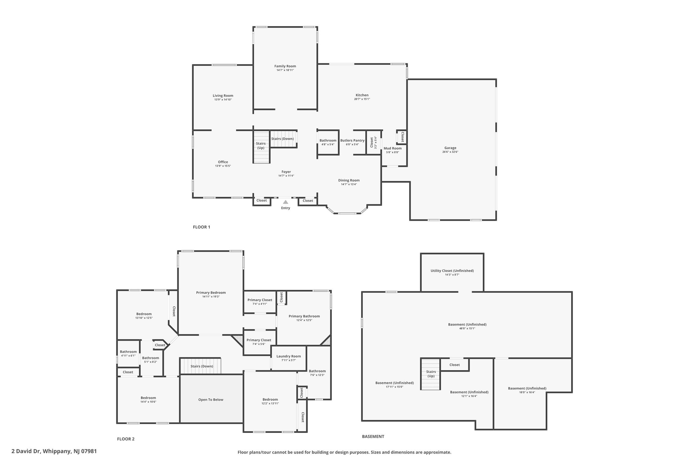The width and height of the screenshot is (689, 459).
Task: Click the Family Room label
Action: click(285, 66)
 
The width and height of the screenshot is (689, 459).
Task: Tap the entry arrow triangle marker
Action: click(285, 202)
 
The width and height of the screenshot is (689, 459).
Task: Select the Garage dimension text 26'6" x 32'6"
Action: click(450, 152)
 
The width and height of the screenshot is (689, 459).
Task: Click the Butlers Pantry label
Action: click(352, 141)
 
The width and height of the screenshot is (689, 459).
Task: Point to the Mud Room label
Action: click(393, 148)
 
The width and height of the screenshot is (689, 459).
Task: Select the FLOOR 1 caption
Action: click(202, 227)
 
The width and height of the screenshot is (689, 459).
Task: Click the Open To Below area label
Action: click(211, 399)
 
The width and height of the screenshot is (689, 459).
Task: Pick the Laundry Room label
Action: click(289, 356)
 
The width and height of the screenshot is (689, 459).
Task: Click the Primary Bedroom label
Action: click(211, 293)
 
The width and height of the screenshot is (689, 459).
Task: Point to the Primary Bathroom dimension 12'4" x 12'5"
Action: click(304, 320)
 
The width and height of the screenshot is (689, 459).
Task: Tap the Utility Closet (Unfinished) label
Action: click(452, 271)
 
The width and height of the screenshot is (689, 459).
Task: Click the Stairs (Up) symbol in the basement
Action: click(430, 374)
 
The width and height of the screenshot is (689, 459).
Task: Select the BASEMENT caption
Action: click(373, 436)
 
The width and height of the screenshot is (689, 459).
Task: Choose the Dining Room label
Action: click(349, 180)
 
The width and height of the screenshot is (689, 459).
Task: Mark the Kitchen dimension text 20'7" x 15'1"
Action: click(362, 99)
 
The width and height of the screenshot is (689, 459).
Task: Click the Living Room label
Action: click(223, 95)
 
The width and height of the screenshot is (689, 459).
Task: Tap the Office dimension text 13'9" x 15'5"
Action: click(223, 166)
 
